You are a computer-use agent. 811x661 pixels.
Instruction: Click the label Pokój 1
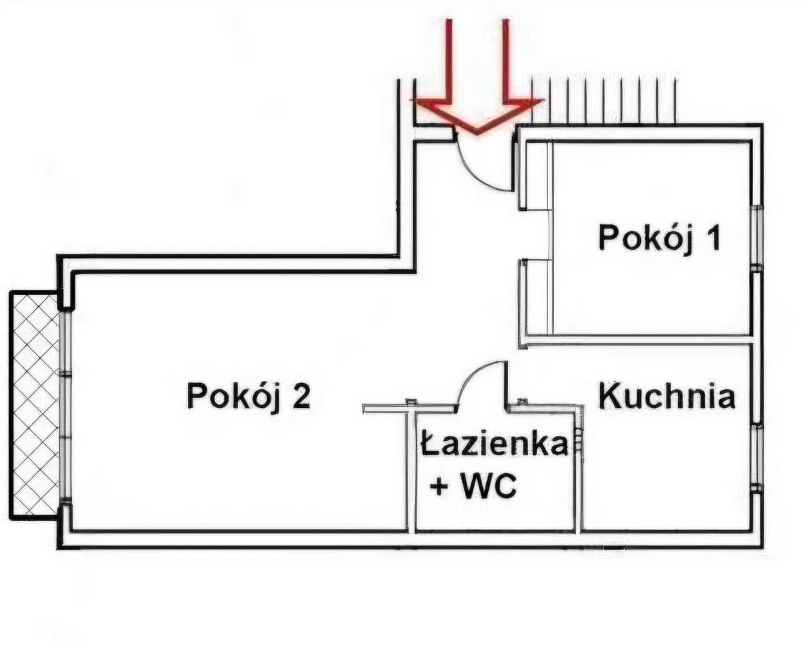(x=658, y=237)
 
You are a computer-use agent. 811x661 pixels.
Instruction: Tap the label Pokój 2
(x=249, y=396)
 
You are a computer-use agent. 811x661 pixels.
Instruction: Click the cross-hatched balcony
(x=34, y=403)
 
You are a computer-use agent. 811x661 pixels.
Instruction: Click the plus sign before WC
(x=440, y=487)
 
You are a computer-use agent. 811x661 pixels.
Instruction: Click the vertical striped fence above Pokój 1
(x=604, y=100)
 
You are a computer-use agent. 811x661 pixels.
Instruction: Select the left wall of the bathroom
(x=411, y=471)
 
